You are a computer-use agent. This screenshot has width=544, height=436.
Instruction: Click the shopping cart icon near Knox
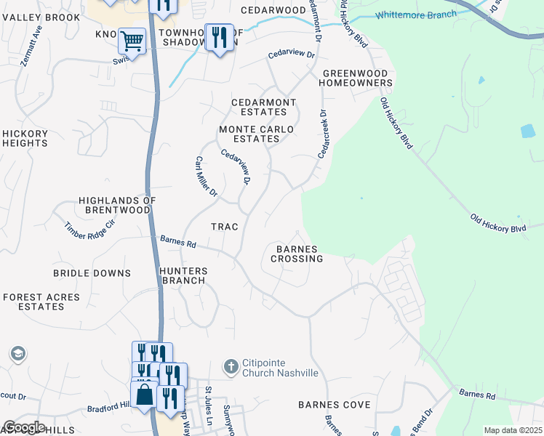132,41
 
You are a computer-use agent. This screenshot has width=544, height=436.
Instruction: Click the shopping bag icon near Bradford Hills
145,396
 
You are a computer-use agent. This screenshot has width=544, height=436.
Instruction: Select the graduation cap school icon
17,354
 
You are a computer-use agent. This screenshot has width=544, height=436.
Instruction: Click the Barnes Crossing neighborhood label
297,254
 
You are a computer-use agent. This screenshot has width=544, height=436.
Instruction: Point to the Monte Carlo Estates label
257,134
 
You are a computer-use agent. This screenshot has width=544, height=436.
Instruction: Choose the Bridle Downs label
92,273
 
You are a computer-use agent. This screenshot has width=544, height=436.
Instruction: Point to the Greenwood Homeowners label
357,78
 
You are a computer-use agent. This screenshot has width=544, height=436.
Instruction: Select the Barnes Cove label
334,405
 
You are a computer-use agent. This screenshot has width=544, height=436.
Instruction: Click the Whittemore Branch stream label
416,15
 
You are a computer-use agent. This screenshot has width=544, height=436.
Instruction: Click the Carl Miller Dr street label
206,177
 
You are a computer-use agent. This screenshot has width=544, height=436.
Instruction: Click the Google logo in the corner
23,427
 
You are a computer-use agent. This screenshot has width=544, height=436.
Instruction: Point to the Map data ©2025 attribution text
512,430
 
